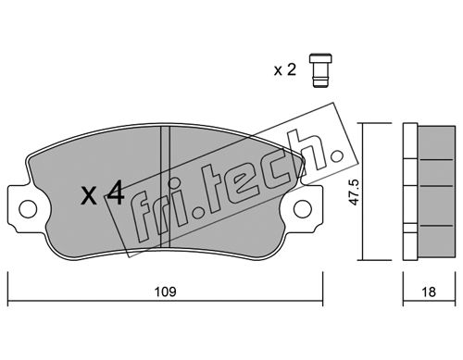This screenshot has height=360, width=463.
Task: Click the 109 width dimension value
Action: tap(166, 292)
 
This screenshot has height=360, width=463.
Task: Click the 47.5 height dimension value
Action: tap(355, 192)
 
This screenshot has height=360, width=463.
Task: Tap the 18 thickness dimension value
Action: tap(429, 292)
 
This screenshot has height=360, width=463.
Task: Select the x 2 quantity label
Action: tap(285, 70)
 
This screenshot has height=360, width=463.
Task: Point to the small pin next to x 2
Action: tap(320, 70)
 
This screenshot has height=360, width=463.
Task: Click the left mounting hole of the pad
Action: tap(28, 209)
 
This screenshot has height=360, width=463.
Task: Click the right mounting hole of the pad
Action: tap(303, 209)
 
